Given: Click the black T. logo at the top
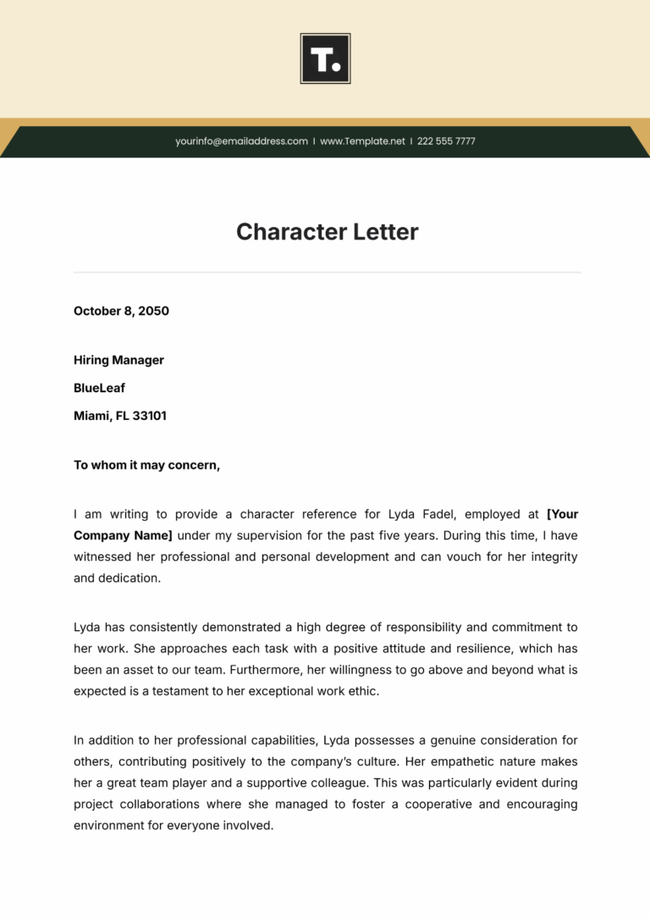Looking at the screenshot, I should [x=325, y=58].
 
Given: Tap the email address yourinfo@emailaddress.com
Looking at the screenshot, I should [x=241, y=141].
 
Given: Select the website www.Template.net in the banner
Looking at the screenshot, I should [x=362, y=141].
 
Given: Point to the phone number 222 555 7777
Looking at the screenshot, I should [x=446, y=141].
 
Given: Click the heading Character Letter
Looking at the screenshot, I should [x=327, y=232].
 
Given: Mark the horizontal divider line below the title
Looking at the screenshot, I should [x=327, y=273].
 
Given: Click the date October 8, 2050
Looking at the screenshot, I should [x=121, y=311].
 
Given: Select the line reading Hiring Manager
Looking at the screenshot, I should [x=118, y=360].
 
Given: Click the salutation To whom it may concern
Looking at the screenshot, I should [x=146, y=465].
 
